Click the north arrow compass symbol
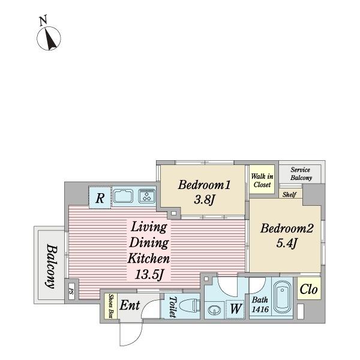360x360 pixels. click(x=49, y=38)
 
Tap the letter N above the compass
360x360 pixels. click(x=43, y=20)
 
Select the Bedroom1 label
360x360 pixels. click(x=204, y=185)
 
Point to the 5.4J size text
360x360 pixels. click(x=287, y=243)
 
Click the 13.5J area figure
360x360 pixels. click(x=149, y=274)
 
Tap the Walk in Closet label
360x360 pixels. click(x=262, y=181)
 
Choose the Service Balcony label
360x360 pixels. click(x=301, y=174)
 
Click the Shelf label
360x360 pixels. click(x=289, y=194)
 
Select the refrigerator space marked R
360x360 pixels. click(x=100, y=198)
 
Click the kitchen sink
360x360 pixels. click(x=123, y=196)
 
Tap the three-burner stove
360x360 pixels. click(x=147, y=196)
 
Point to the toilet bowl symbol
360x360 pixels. click(x=190, y=306)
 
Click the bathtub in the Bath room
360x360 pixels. click(x=282, y=298)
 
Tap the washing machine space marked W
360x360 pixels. click(x=235, y=309)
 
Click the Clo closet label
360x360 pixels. click(x=308, y=289)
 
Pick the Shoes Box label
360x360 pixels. click(x=111, y=306)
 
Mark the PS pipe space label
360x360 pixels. click(x=71, y=292)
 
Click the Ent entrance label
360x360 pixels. click(x=130, y=305)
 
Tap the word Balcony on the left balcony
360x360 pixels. click(x=52, y=266)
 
